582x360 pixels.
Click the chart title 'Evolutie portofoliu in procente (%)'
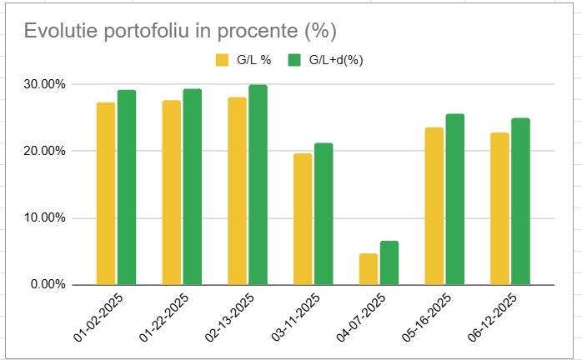(179, 31)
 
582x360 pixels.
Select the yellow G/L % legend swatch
(223, 60)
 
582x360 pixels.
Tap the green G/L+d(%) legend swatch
(294, 60)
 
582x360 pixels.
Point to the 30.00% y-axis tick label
(43, 84)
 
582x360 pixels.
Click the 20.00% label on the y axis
(43, 151)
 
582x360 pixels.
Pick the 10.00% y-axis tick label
(43, 218)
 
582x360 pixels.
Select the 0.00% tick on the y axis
(47, 285)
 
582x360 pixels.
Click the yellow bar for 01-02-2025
(106, 193)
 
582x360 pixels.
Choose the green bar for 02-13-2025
(258, 184)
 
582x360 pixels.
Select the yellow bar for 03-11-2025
(303, 219)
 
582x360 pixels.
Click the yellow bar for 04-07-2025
(369, 269)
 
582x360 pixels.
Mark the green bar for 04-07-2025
(389, 262)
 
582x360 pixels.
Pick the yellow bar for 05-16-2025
(434, 206)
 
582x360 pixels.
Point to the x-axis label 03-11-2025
(294, 314)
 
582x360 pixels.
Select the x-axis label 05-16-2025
(425, 314)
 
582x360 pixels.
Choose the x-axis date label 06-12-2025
(491, 314)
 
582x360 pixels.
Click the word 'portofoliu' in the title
(142, 31)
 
